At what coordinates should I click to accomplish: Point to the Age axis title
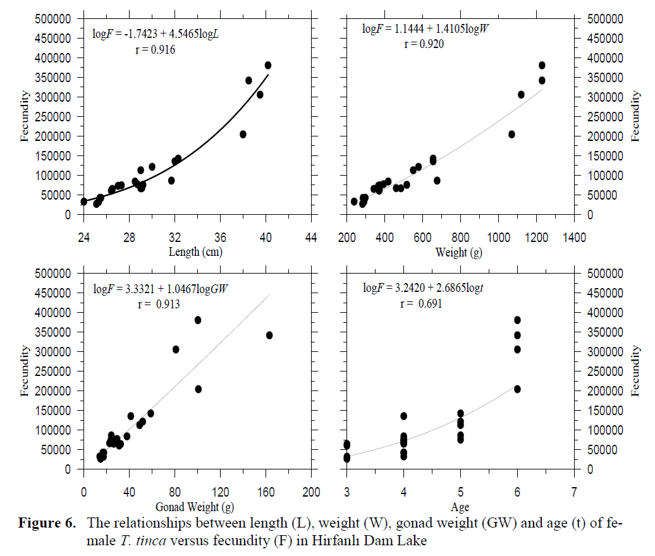(x=460, y=507)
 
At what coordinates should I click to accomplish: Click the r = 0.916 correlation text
(x=155, y=50)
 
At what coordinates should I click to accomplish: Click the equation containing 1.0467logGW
(x=161, y=289)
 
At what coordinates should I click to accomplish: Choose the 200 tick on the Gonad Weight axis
(x=311, y=492)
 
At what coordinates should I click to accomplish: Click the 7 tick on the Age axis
(x=574, y=492)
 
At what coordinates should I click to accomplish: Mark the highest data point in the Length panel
(x=268, y=65)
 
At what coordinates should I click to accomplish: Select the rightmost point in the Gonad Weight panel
(x=269, y=335)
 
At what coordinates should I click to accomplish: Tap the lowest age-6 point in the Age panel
(x=517, y=389)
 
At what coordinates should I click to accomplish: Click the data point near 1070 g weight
(x=511, y=134)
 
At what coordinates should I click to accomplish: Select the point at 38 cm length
(x=243, y=135)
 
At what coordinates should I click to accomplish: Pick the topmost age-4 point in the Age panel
(x=403, y=416)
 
